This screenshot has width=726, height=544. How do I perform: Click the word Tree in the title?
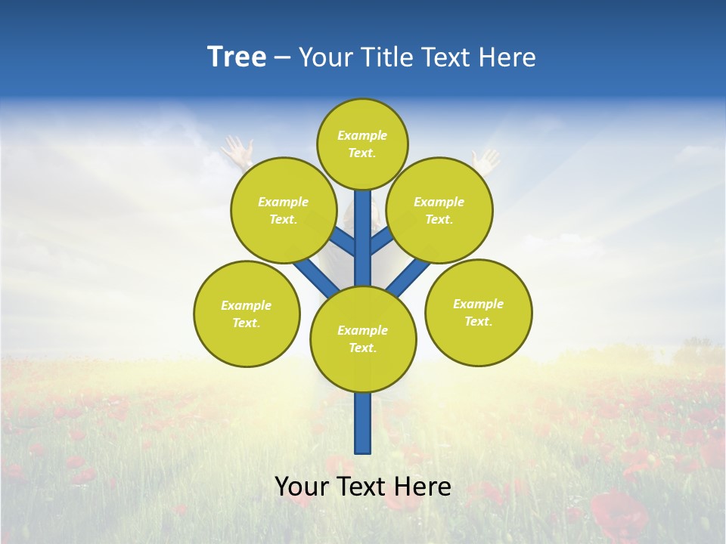tap(237, 57)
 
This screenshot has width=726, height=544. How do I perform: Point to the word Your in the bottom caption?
tap(301, 487)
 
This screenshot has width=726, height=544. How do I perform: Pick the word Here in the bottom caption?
tap(423, 487)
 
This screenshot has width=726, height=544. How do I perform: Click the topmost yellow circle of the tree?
tap(362, 144)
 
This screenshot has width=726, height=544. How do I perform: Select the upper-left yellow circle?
tap(283, 210)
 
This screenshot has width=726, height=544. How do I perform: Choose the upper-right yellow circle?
tap(439, 210)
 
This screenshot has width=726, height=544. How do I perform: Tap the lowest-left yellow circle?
tap(247, 314)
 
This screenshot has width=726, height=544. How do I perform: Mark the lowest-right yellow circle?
tap(478, 312)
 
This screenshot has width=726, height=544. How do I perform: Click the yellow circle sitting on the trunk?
tap(363, 339)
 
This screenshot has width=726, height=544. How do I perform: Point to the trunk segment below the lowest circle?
tap(363, 423)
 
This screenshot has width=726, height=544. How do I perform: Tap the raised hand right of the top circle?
tap(486, 159)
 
